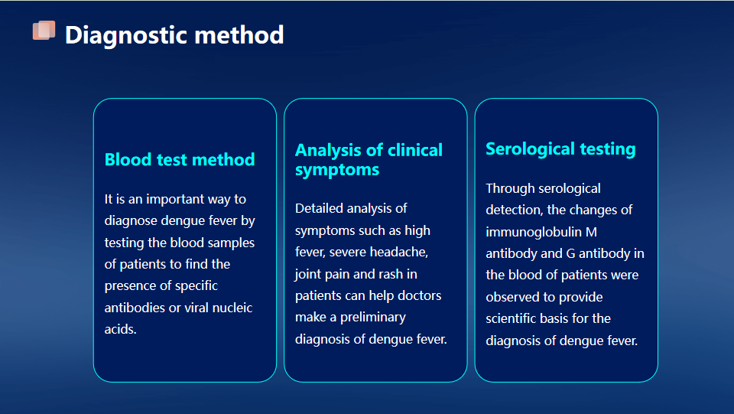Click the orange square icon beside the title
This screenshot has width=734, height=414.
44,31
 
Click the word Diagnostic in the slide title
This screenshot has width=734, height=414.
126,35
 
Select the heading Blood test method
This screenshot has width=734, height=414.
180,160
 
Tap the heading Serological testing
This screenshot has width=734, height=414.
560,149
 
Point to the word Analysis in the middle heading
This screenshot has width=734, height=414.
328,150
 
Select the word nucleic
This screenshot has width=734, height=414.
232,308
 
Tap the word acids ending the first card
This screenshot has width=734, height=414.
120,329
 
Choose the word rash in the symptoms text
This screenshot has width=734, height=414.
391,274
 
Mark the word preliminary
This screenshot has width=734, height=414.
372,318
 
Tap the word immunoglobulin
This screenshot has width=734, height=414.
534,233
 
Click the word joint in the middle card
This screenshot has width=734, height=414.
308,275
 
